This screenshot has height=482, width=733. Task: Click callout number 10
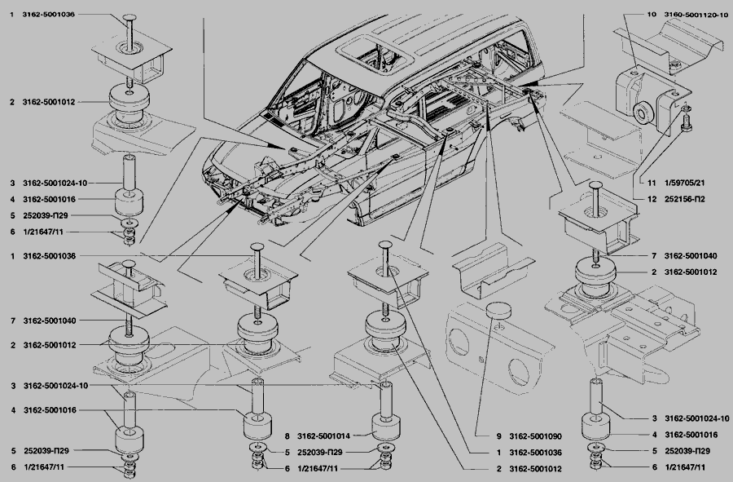point(652,15)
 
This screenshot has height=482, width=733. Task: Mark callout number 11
point(651,183)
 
